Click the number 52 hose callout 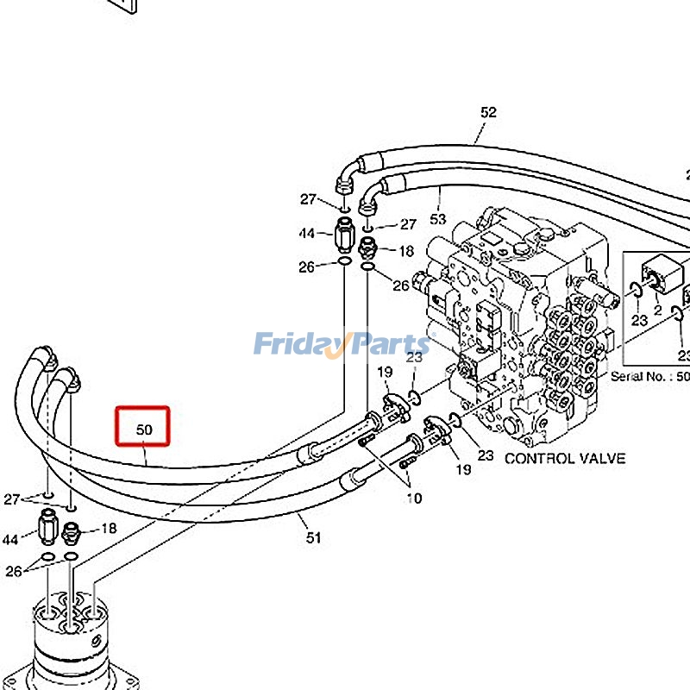(x=489, y=112)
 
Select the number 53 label (x=438, y=219)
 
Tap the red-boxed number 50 (x=144, y=430)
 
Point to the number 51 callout (x=313, y=537)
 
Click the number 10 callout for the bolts (x=415, y=497)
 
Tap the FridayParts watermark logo (x=342, y=346)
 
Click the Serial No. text (x=643, y=376)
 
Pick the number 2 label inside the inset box (x=657, y=308)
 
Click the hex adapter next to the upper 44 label (x=343, y=233)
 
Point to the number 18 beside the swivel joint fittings (x=109, y=528)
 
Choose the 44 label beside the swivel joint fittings (x=10, y=539)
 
